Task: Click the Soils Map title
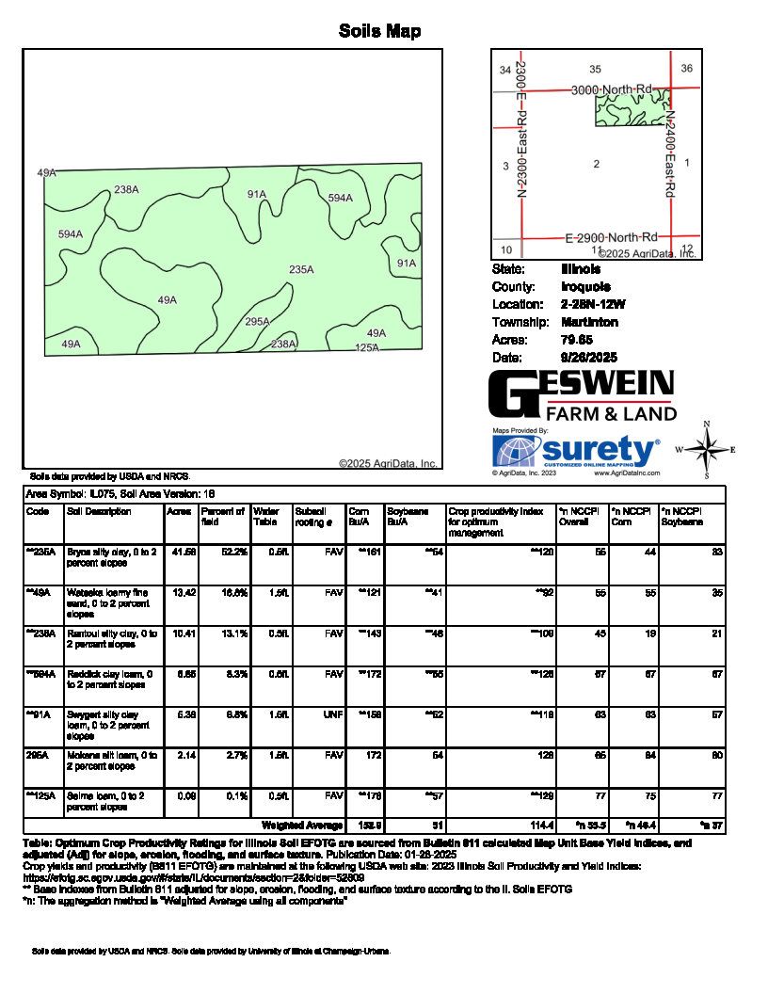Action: click(x=379, y=32)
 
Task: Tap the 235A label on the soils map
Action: click(x=301, y=270)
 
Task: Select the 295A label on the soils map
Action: click(x=257, y=322)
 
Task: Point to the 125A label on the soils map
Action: click(x=366, y=348)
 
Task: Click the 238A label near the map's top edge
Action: click(x=126, y=189)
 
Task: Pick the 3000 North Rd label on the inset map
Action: click(x=612, y=88)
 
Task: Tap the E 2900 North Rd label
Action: click(x=611, y=236)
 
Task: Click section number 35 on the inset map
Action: click(x=595, y=70)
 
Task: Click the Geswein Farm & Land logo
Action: click(x=582, y=395)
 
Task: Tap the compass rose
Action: click(x=706, y=449)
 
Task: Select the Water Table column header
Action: click(x=266, y=517)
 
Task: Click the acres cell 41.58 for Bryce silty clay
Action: click(x=181, y=552)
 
